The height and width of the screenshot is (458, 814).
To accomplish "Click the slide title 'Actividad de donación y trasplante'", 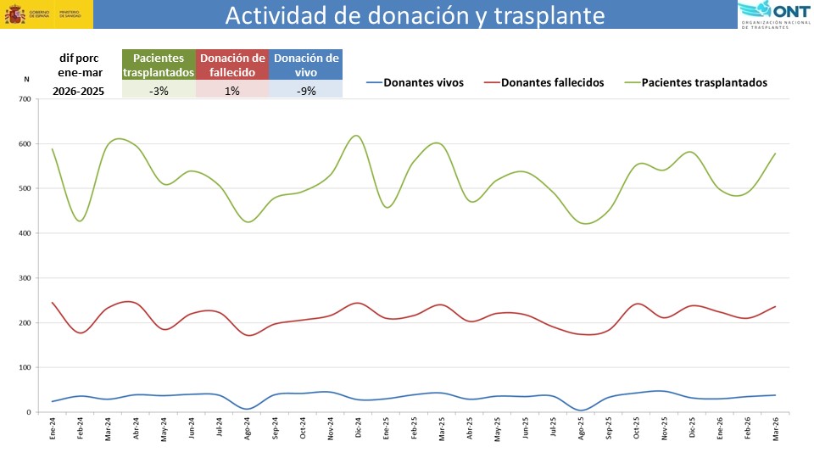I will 415,16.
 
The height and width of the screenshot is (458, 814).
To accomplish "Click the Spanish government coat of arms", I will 14,15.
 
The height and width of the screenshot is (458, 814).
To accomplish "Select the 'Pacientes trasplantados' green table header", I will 159,65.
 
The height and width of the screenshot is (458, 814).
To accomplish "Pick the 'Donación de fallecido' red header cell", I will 232,65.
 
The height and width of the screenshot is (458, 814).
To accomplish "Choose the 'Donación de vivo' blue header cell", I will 306,65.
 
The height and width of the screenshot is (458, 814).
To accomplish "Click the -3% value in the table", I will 158,91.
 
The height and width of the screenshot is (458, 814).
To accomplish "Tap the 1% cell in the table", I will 232,91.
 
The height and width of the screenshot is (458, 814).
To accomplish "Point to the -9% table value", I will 306,91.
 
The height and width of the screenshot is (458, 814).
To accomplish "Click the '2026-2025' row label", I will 78,91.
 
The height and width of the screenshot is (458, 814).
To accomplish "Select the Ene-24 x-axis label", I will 53,427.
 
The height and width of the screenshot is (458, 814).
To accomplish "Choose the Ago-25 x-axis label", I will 581,427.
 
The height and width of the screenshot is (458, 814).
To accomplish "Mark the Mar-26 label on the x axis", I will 774,427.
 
